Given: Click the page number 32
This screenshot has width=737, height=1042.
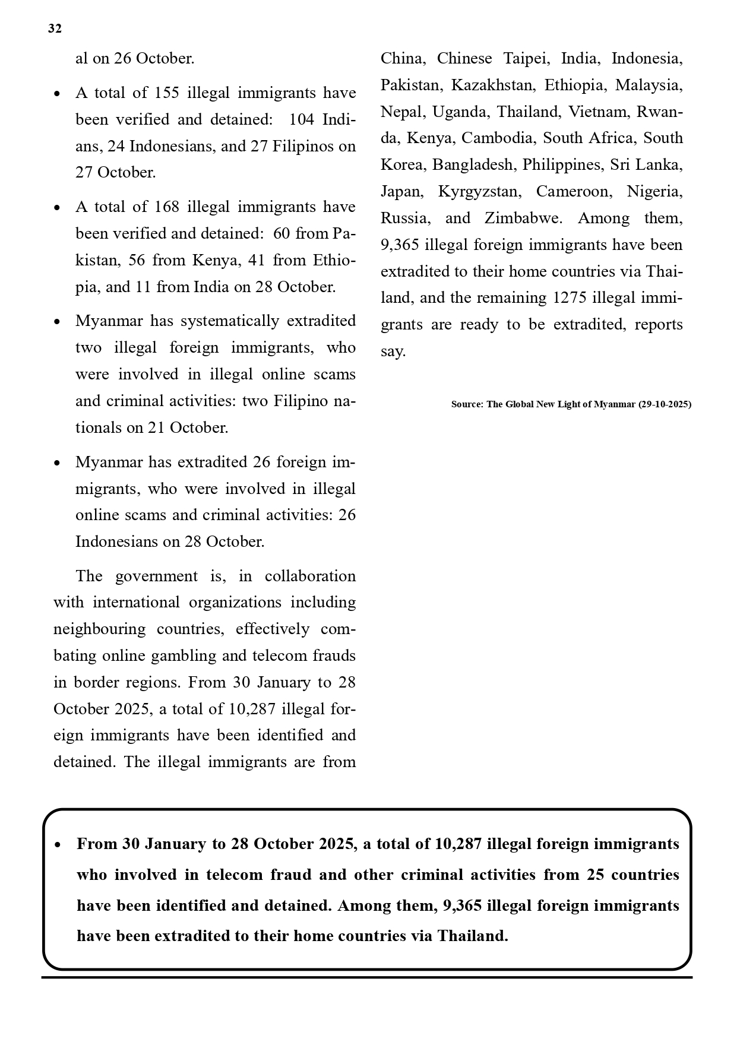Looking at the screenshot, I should tap(55, 28).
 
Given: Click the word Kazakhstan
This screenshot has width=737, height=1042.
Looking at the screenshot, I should tap(492, 85).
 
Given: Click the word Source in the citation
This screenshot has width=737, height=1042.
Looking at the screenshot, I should tap(467, 404).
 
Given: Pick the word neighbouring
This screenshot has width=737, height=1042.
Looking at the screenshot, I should tap(99, 629).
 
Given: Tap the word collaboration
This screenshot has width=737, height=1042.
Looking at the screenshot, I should tap(310, 577).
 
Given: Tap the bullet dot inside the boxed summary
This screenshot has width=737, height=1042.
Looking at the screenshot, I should tap(57, 845).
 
